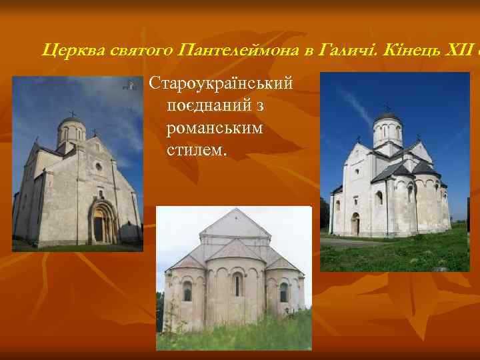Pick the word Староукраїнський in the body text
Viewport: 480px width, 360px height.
tap(221, 85)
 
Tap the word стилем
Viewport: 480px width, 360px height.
tap(197, 150)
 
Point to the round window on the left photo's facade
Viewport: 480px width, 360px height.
tap(98, 166)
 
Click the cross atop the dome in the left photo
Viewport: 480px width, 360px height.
tap(73, 113)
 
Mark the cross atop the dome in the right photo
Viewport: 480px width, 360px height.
tap(387, 106)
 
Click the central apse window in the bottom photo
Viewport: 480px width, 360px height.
tap(237, 285)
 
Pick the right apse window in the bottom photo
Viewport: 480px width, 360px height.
tap(284, 292)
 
